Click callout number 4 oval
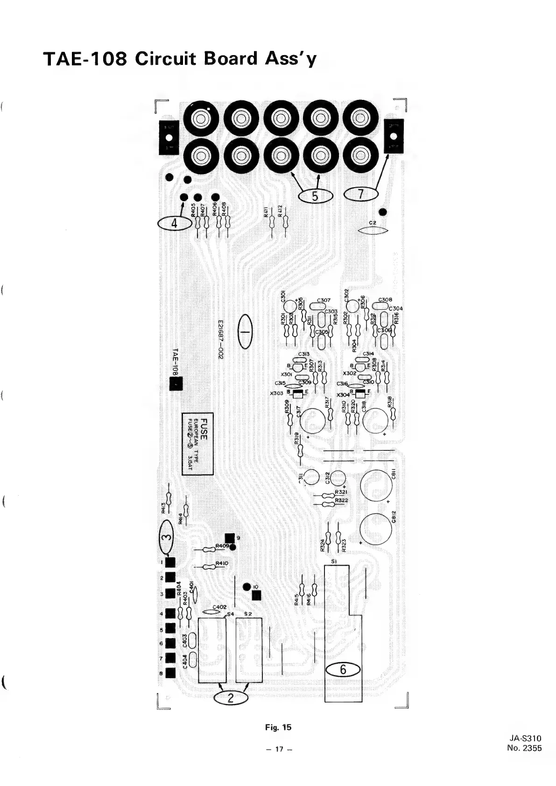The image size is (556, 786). pyautogui.click(x=175, y=224)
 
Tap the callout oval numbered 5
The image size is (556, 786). pyautogui.click(x=315, y=196)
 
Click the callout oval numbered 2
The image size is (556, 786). pyautogui.click(x=230, y=699)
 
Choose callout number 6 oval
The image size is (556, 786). pyautogui.click(x=343, y=670)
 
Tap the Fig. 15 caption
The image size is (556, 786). pyautogui.click(x=278, y=727)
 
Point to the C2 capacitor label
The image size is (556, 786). pyautogui.click(x=373, y=223)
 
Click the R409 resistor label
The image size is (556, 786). pyautogui.click(x=222, y=545)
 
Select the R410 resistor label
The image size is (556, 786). pyautogui.click(x=222, y=563)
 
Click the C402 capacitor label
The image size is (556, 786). pyautogui.click(x=219, y=607)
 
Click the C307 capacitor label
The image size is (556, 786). pyautogui.click(x=323, y=300)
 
